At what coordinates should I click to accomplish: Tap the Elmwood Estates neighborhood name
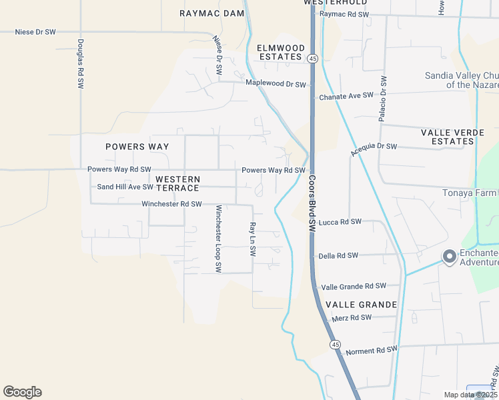281,52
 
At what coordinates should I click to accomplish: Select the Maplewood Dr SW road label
276,84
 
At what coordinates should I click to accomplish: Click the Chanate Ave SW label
346,97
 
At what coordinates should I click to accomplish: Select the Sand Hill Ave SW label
125,187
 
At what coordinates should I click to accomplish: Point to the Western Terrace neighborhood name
177,183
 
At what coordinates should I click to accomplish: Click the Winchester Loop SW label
217,238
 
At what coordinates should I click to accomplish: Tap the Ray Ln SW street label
252,239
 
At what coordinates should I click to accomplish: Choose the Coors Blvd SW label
312,204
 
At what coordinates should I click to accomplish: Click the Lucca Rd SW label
340,222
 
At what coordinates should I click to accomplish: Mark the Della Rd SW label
338,255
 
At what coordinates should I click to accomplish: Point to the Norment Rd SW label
371,349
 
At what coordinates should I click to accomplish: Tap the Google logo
23,392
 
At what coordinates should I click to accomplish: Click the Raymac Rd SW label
344,14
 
